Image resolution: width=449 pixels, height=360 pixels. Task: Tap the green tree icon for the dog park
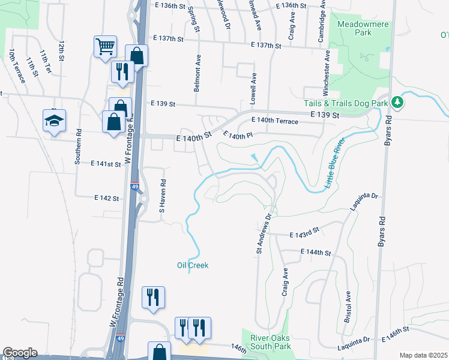tap(397, 103)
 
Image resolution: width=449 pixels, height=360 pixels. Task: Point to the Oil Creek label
tap(193, 265)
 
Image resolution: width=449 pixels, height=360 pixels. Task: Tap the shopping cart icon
tap(105, 46)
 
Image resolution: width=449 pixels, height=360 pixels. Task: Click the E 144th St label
tap(316, 253)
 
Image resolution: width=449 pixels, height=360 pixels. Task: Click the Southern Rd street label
tap(78, 146)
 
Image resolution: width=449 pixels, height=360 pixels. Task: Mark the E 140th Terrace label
tap(275, 121)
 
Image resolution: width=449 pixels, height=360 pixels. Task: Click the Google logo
tap(20, 353)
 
